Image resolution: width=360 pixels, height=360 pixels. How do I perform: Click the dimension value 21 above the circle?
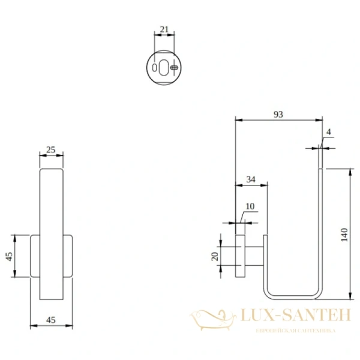click(164, 29)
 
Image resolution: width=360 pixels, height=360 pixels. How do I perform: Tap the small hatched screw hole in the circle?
click(173, 68)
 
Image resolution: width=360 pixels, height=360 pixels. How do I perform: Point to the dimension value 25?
click(51, 149)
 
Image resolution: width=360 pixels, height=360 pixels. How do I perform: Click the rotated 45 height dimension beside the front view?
click(9, 256)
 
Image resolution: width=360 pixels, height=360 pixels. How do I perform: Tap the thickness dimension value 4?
click(328, 131)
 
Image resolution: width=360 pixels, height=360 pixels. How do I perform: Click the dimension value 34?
click(251, 179)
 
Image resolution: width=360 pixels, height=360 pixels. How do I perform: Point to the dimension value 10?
click(250, 206)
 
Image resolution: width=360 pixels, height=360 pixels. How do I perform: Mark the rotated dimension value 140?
click(343, 234)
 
